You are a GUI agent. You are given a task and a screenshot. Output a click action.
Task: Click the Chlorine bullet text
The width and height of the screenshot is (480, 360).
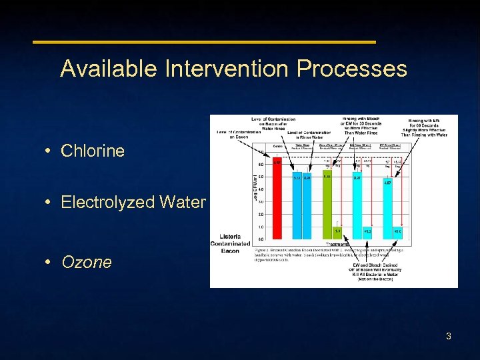pos(93,151)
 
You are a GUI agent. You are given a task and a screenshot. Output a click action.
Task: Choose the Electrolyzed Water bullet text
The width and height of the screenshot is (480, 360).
pos(133,202)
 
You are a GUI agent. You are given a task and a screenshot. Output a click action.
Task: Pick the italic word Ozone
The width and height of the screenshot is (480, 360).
pos(87,262)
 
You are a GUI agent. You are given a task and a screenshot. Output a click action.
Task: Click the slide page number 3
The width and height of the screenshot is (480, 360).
pos(449,336)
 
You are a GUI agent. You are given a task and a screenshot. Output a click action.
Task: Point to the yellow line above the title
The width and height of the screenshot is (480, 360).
pos(204,42)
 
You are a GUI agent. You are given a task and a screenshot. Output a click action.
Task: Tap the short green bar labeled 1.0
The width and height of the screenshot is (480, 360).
pos(337,233)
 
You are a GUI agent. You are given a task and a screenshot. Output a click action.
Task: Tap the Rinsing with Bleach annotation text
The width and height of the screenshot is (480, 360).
pos(362,127)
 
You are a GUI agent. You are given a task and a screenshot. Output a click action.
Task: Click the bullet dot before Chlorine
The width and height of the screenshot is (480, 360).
pos(51,151)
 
